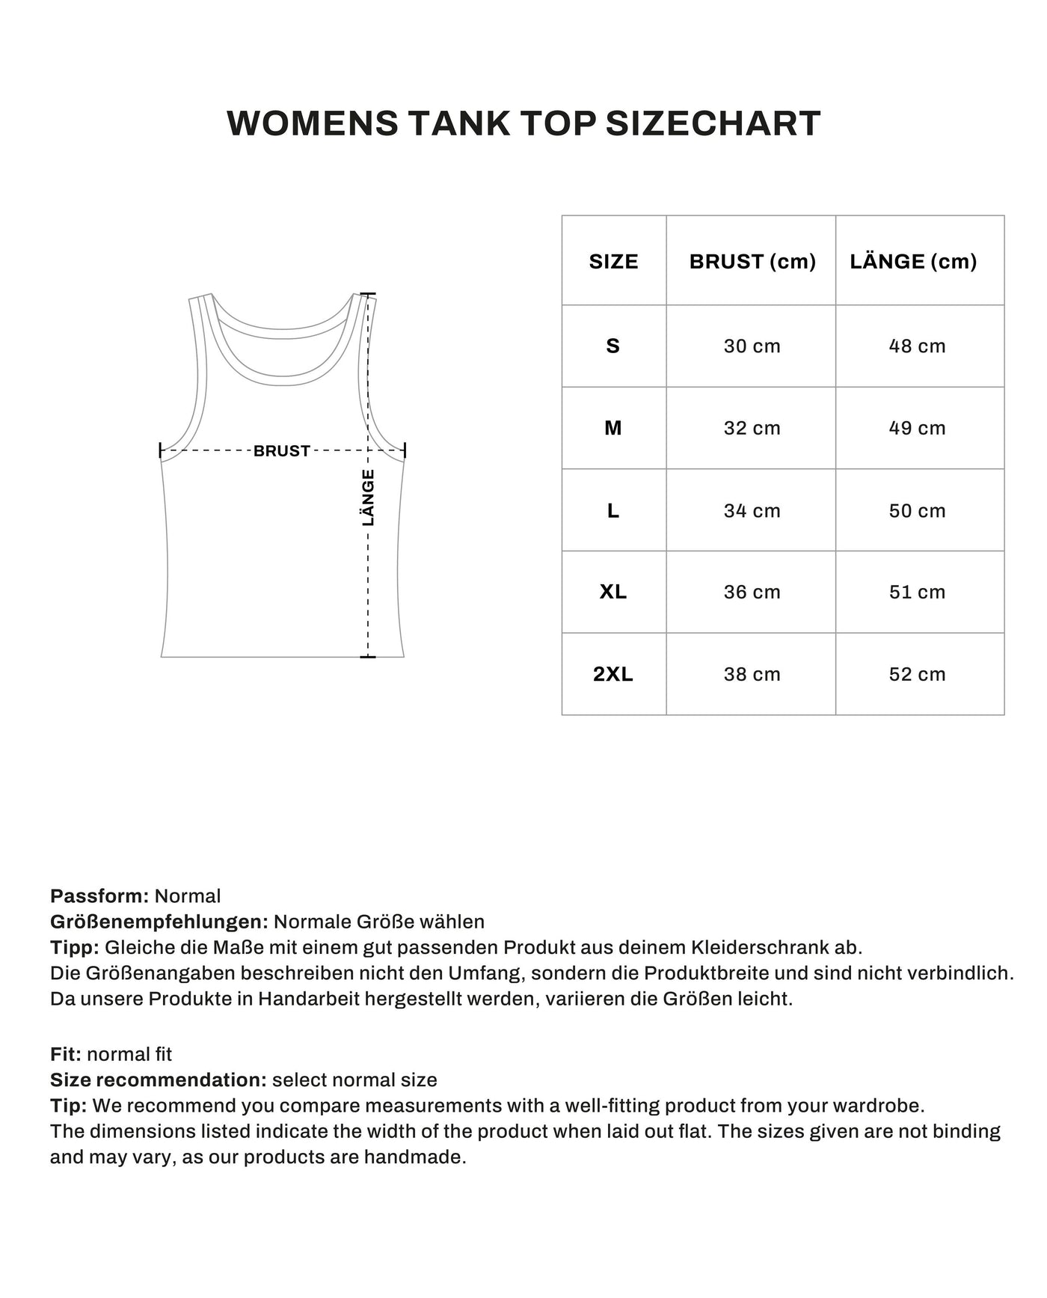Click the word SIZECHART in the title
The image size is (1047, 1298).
coord(713,123)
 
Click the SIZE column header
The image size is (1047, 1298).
coord(613,262)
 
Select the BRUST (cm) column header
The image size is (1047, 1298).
coord(752,262)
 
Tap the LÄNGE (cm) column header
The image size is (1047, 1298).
coord(913,262)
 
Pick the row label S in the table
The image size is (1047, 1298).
coord(613,346)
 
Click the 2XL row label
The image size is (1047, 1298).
coord(613,674)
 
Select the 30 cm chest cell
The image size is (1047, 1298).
coord(752,346)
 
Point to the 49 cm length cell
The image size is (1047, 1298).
coord(917,428)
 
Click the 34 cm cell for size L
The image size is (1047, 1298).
coord(752,511)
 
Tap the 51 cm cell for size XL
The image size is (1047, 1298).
coord(917,592)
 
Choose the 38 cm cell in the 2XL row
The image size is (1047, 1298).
coord(752,674)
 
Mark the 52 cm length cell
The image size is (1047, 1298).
coord(917,674)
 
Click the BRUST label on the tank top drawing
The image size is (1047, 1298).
coord(282,451)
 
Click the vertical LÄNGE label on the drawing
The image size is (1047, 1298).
coord(368,498)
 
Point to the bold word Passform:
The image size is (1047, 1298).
coord(100,896)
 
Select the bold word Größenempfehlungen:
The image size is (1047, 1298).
coord(159,922)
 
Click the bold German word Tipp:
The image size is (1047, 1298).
coord(75,947)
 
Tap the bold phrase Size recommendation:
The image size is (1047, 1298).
coord(159,1080)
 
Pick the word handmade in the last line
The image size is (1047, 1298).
coord(414,1157)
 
